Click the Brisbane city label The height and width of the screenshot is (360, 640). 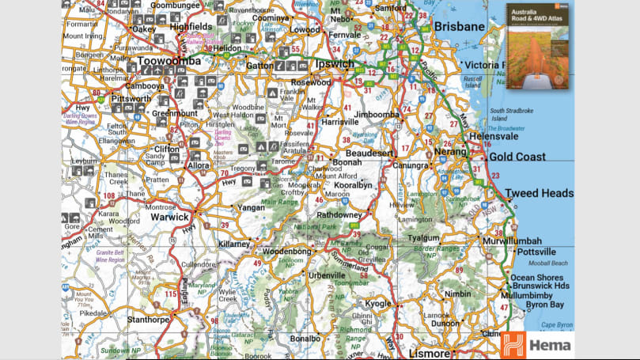459,26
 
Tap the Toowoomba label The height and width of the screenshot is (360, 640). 169,61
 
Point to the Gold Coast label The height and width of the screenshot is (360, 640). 512,157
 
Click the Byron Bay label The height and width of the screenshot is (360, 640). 545,305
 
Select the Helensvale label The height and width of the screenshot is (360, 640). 471,136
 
